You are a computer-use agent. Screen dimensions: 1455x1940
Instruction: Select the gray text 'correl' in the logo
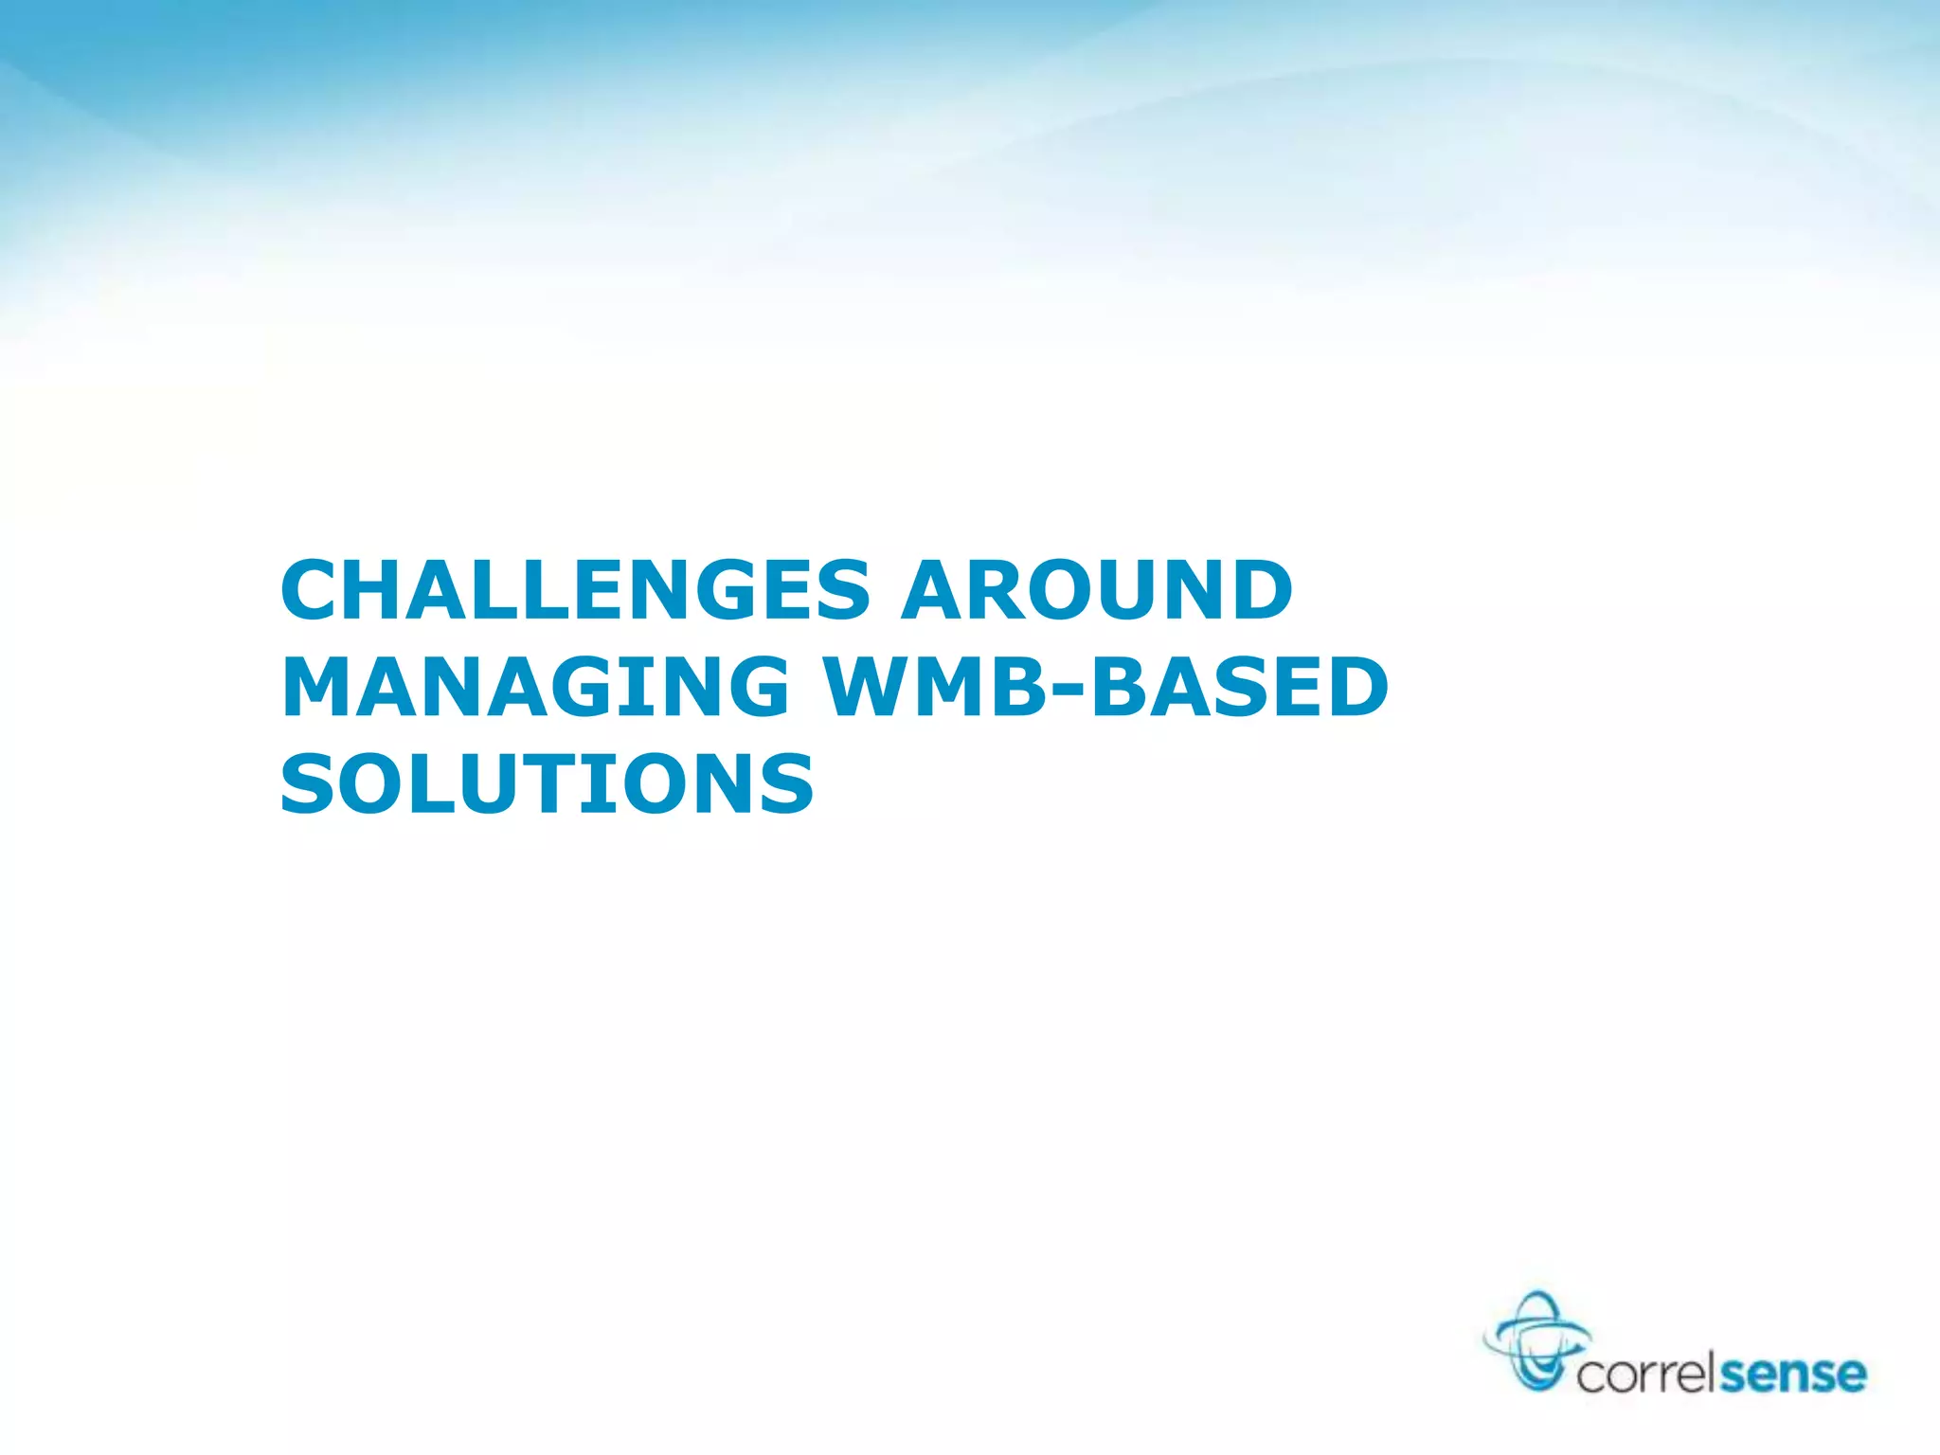coord(1646,1374)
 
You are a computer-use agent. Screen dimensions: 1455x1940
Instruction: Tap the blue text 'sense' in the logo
coord(1792,1374)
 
